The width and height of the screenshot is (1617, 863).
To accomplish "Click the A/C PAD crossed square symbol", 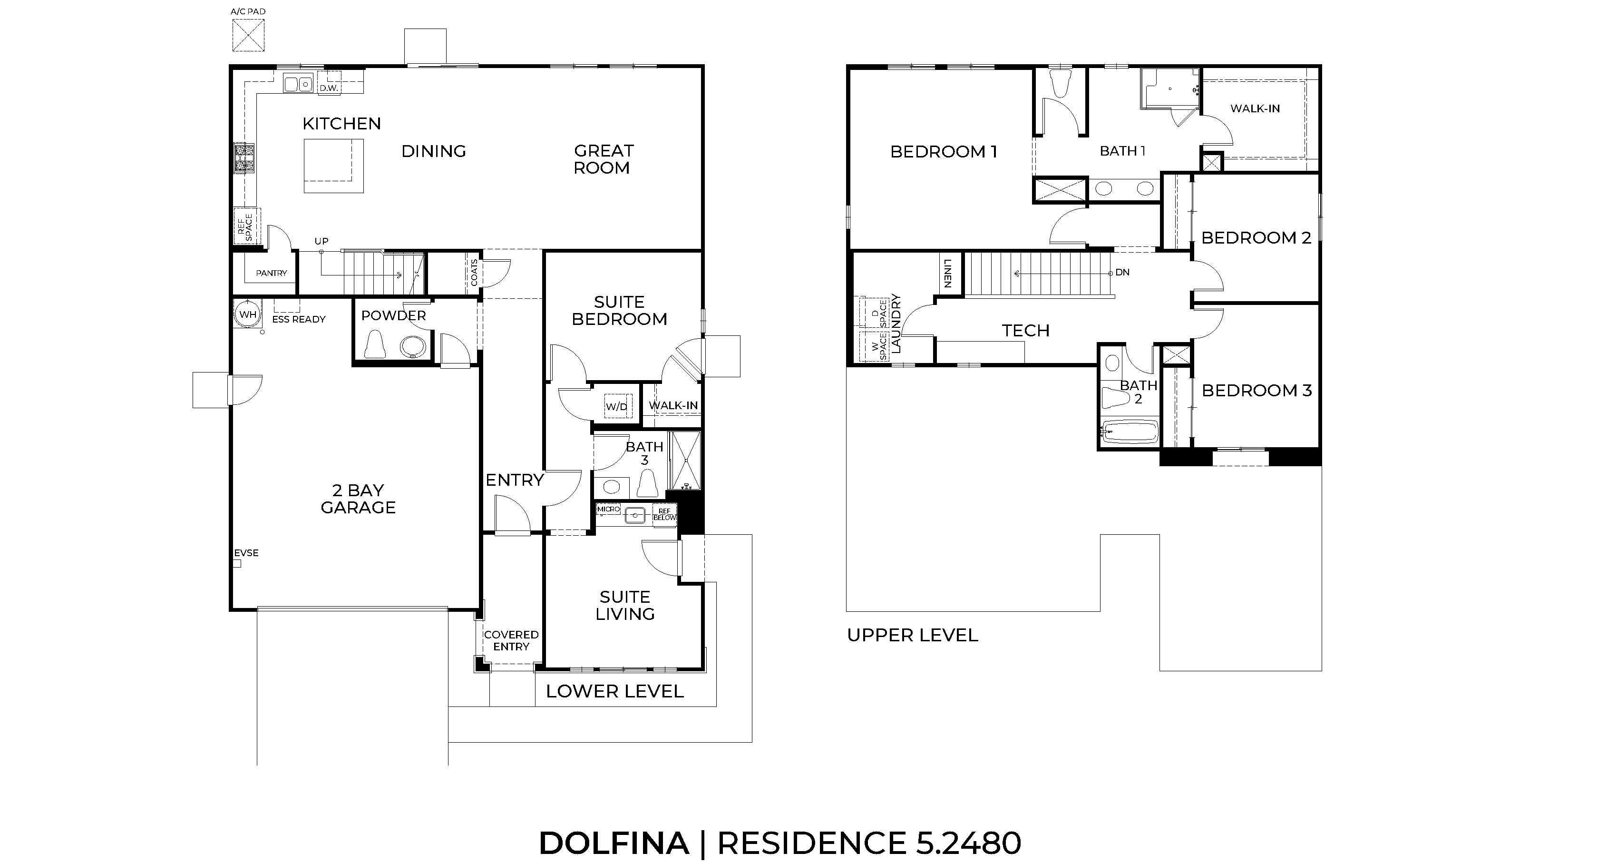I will pyautogui.click(x=248, y=35).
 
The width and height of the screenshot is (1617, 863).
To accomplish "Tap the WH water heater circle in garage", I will pyautogui.click(x=248, y=314).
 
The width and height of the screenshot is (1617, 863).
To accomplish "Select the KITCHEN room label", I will pyautogui.click(x=341, y=124).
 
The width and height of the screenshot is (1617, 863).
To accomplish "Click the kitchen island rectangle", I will pyautogui.click(x=333, y=166).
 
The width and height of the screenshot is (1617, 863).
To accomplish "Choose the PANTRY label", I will pyautogui.click(x=271, y=273).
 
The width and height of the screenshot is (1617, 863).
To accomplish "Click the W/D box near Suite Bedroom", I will pyautogui.click(x=616, y=406).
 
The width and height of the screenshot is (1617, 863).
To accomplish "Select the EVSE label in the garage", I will pyautogui.click(x=246, y=553).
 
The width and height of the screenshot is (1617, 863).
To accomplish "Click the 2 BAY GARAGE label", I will pyautogui.click(x=358, y=499).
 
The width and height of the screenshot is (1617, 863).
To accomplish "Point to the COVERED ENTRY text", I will pyautogui.click(x=511, y=640).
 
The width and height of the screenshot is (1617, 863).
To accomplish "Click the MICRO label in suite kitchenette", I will pyautogui.click(x=608, y=509).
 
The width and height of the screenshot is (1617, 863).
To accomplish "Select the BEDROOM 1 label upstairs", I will pyautogui.click(x=944, y=151).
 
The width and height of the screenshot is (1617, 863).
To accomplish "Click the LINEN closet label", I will pyautogui.click(x=948, y=273).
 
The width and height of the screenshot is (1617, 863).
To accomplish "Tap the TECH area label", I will pyautogui.click(x=1025, y=330).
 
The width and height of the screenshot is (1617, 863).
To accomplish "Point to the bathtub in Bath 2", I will pyautogui.click(x=1130, y=431).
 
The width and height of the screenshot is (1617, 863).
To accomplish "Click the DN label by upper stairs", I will pyautogui.click(x=1122, y=273).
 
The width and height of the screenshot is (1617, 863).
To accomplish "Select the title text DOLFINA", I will pyautogui.click(x=614, y=843).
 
